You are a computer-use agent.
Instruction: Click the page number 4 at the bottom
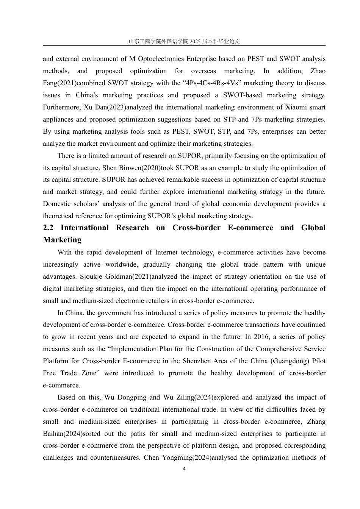184,469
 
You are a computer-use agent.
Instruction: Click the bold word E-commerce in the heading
250,228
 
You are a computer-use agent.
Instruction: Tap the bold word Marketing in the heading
62,240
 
